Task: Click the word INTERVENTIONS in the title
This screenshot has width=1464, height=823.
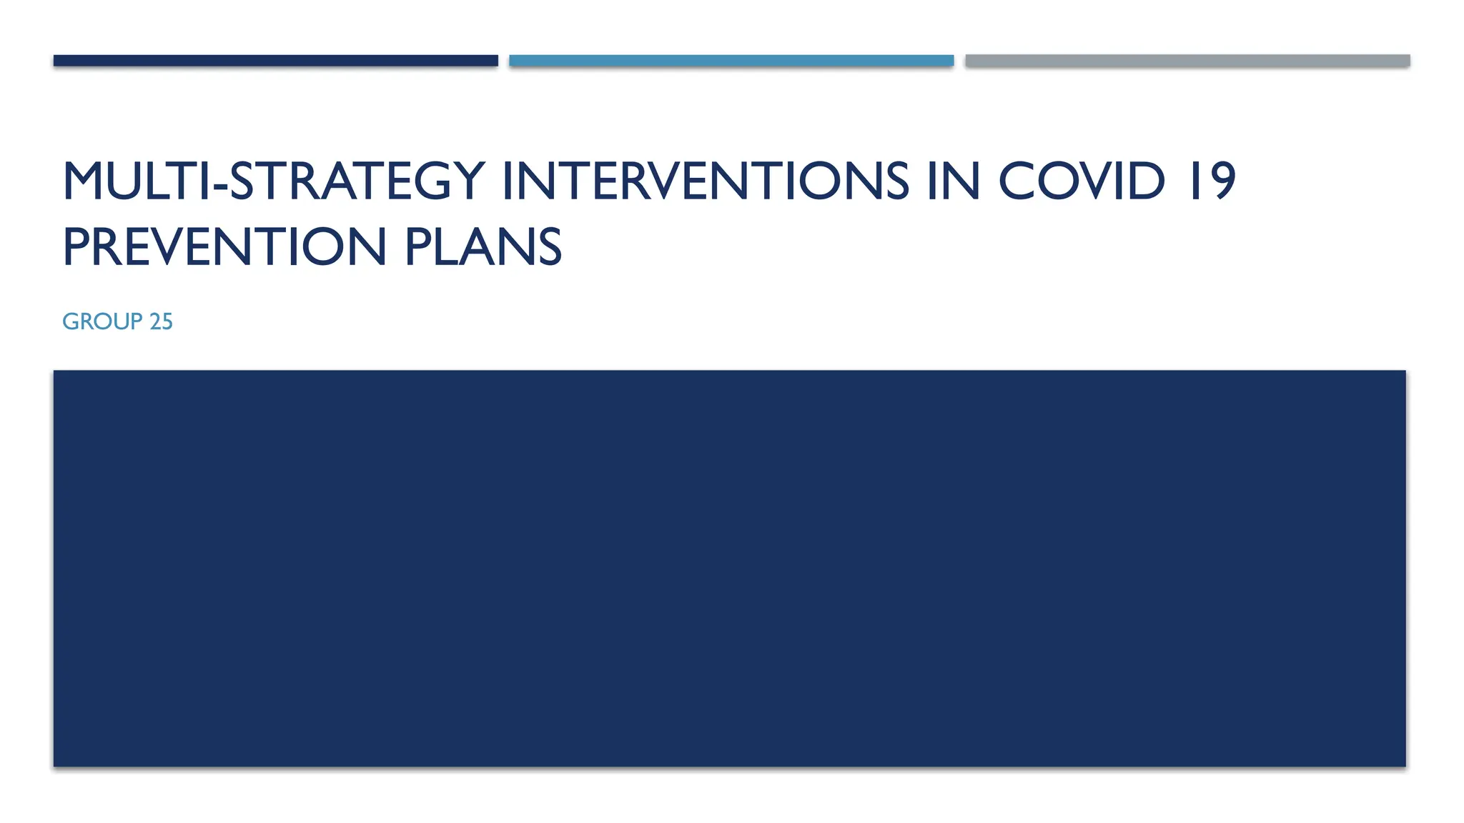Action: [705, 181]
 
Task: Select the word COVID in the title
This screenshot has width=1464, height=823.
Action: [1081, 181]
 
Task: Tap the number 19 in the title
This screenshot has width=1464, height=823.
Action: [1212, 181]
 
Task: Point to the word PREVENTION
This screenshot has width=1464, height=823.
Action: [224, 247]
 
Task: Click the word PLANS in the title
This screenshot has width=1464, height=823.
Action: [483, 247]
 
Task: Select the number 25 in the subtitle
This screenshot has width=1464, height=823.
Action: [161, 321]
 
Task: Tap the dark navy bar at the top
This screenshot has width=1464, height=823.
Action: [275, 61]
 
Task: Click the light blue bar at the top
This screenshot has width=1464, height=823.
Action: [731, 61]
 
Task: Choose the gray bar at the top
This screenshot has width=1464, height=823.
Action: [1187, 61]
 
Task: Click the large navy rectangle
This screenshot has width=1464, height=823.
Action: [729, 568]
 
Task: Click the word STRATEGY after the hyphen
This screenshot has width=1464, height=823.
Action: [357, 181]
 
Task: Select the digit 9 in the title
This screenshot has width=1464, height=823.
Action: [1222, 181]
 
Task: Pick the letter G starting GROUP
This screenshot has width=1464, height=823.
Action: [71, 321]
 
